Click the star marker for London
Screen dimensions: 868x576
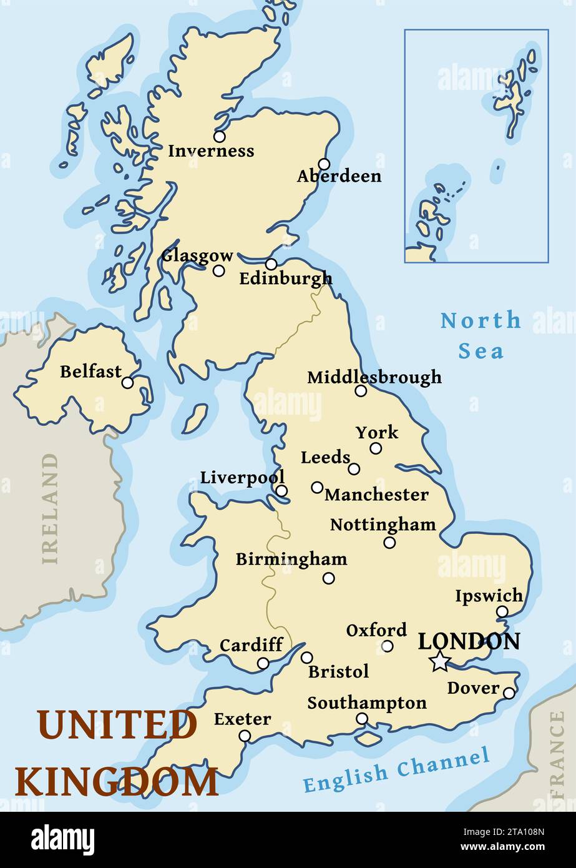pyautogui.click(x=440, y=661)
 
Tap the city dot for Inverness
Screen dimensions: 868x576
pyautogui.click(x=219, y=136)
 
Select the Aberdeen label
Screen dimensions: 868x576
pyautogui.click(x=339, y=176)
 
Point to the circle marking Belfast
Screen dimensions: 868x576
pyautogui.click(x=127, y=383)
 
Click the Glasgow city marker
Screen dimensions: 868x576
pyautogui.click(x=218, y=270)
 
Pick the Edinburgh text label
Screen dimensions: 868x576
pyautogui.click(x=286, y=279)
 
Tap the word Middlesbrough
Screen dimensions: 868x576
pyautogui.click(x=374, y=377)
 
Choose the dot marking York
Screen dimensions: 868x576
pyautogui.click(x=376, y=448)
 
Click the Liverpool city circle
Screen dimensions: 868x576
pyautogui.click(x=281, y=491)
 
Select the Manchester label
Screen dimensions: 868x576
pyautogui.click(x=376, y=495)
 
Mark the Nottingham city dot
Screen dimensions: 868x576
pyautogui.click(x=389, y=543)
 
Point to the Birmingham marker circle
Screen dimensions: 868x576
pyautogui.click(x=328, y=578)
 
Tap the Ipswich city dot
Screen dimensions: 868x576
pyautogui.click(x=502, y=611)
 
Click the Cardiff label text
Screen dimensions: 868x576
pyautogui.click(x=251, y=644)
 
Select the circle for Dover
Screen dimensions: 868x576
pyautogui.click(x=509, y=693)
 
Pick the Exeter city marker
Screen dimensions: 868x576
pyautogui.click(x=245, y=736)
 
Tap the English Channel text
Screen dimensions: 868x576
pyautogui.click(x=396, y=770)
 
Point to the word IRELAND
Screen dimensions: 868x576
pyautogui.click(x=50, y=508)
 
